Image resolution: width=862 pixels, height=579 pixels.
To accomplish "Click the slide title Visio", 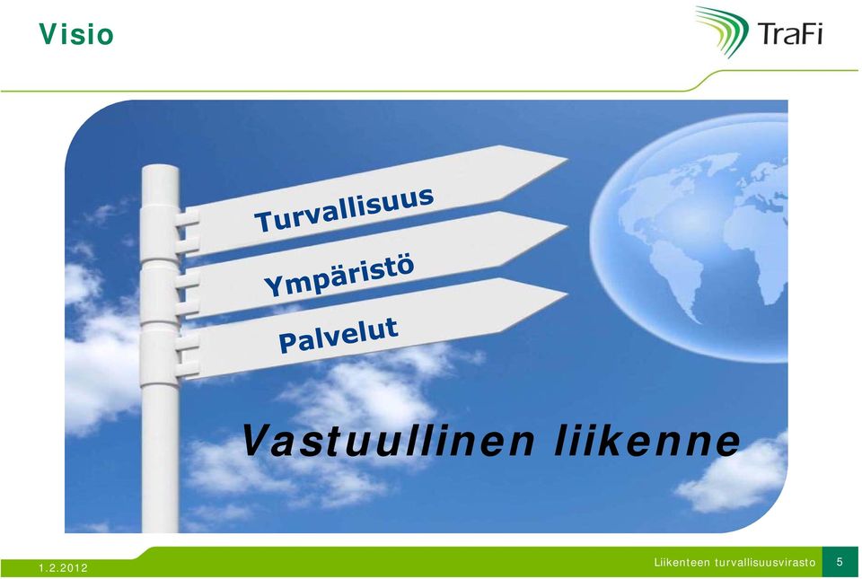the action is pyautogui.click(x=76, y=34).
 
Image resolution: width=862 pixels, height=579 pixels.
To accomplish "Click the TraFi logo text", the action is pyautogui.click(x=790, y=33).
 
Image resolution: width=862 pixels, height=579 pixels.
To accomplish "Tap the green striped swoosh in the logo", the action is pyautogui.click(x=722, y=31).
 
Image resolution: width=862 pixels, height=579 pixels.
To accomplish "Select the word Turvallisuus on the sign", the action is pyautogui.click(x=344, y=210).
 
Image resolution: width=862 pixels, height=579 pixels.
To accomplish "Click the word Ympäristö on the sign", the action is pyautogui.click(x=339, y=276).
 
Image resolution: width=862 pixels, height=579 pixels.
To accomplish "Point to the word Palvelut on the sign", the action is pyautogui.click(x=339, y=336).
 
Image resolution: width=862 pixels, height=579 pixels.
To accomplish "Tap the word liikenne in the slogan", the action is pyautogui.click(x=647, y=441).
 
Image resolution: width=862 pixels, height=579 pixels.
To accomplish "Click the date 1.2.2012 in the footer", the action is pyautogui.click(x=63, y=568).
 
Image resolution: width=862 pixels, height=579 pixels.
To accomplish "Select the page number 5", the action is pyautogui.click(x=840, y=562).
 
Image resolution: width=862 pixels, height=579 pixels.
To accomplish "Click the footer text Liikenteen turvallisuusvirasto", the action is pyautogui.click(x=735, y=563).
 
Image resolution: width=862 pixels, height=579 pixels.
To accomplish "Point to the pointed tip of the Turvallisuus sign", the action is pyautogui.click(x=567, y=159).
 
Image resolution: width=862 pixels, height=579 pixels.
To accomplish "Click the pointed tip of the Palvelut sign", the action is pyautogui.click(x=567, y=294).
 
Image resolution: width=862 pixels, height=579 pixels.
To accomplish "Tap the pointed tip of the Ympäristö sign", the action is pyautogui.click(x=567, y=226).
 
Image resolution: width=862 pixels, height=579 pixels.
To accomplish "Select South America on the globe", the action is pyautogui.click(x=676, y=277).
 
